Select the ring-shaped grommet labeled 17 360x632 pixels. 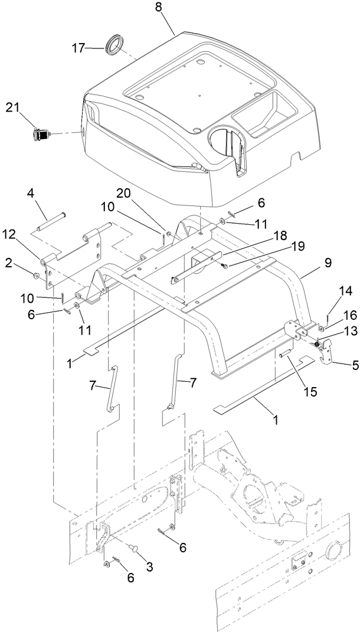(115, 45)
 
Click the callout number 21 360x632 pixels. (13, 107)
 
